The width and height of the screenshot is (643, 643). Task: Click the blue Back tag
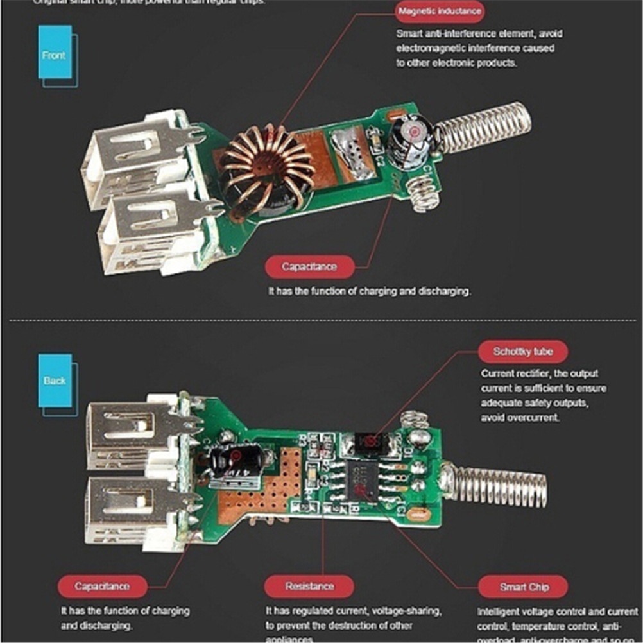55,380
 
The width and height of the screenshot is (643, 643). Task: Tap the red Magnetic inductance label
440,12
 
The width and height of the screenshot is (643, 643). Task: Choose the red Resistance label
309,586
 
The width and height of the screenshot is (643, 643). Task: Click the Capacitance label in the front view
309,266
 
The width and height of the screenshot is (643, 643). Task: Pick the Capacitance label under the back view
102,586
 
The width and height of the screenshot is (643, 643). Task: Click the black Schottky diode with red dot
368,442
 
